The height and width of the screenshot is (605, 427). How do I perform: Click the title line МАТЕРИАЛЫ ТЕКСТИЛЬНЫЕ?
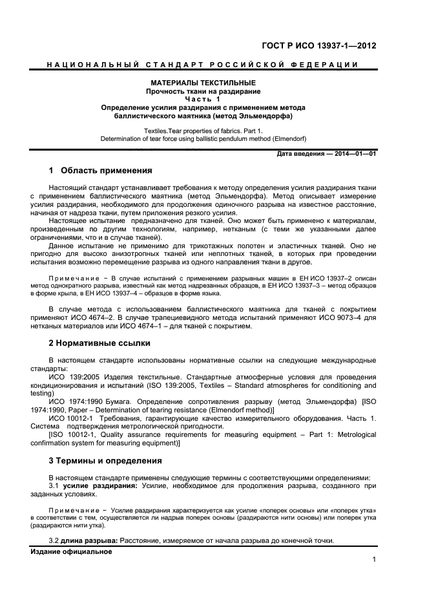point(203,83)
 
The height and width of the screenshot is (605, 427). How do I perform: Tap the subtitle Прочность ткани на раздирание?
point(203,92)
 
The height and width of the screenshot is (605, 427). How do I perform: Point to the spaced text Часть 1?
point(203,100)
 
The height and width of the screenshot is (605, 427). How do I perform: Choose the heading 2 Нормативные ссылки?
point(99,343)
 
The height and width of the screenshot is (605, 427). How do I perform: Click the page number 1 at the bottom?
point(374,560)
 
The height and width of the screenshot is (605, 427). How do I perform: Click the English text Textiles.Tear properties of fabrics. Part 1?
point(203,131)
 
